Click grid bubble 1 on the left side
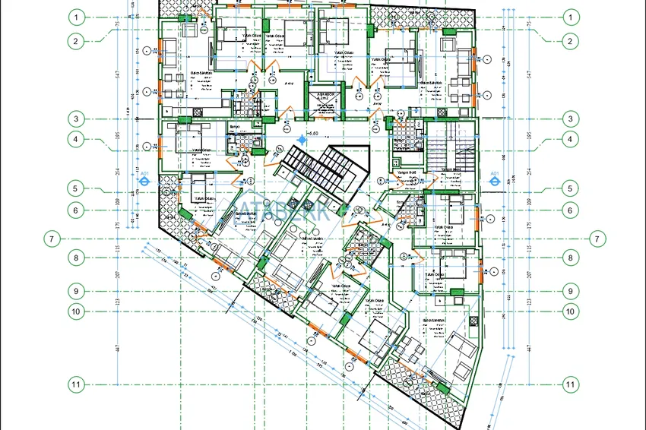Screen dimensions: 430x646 click(75, 17)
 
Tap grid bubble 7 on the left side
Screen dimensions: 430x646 click(51, 239)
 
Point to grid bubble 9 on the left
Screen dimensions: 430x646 click(75, 291)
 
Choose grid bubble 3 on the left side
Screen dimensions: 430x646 click(75, 119)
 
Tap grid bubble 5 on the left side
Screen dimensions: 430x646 click(75, 188)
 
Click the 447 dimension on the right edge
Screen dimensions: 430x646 click(527, 347)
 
